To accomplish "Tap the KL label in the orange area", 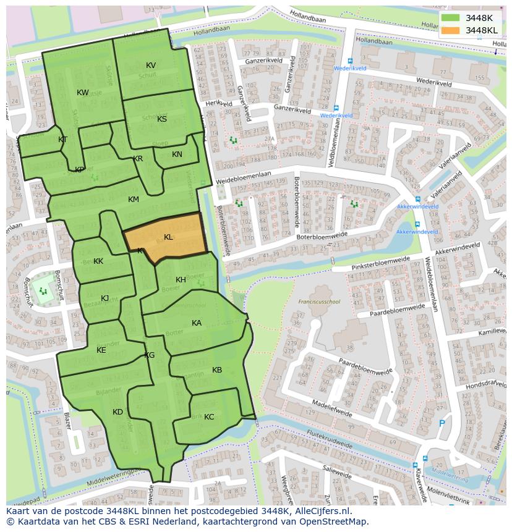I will pyautogui.click(x=168, y=237).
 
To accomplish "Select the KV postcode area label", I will pyautogui.click(x=151, y=65).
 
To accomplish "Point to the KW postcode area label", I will pyautogui.click(x=83, y=93).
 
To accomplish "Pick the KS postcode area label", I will pyautogui.click(x=162, y=119).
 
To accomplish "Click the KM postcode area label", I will pyautogui.click(x=134, y=200).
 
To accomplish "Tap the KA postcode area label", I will pyautogui.click(x=197, y=323).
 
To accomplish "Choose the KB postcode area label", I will pyautogui.click(x=217, y=370).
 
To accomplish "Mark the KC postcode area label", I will pyautogui.click(x=209, y=417).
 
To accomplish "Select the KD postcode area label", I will pyautogui.click(x=117, y=412).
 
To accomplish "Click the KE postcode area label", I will pyautogui.click(x=101, y=350).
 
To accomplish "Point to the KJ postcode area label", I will pyautogui.click(x=105, y=298).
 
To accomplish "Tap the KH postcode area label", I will pyautogui.click(x=181, y=280).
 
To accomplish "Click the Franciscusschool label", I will pyautogui.click(x=319, y=302).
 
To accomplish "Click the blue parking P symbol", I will pyautogui.click(x=441, y=423).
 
